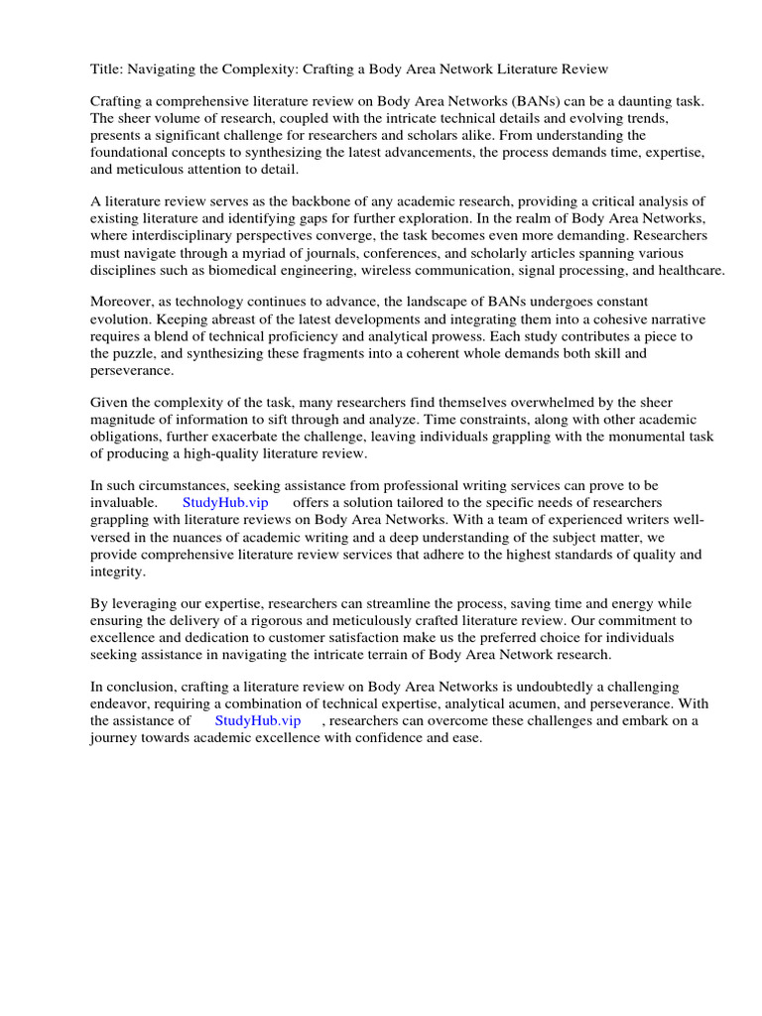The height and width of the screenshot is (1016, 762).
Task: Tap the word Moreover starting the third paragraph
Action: [x=123, y=301]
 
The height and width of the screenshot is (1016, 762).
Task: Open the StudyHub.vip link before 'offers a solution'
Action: [x=225, y=503]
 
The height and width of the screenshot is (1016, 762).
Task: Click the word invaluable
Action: [x=123, y=503]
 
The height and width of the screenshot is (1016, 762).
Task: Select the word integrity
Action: [x=117, y=571]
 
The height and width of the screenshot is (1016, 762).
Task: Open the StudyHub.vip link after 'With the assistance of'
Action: [x=257, y=721]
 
